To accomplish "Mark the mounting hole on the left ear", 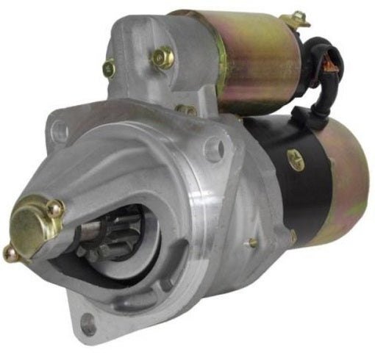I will tap(60, 132).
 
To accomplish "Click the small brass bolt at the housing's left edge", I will tap(109, 68).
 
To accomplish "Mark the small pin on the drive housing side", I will tap(252, 242).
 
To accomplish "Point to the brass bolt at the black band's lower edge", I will tap(293, 237).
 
